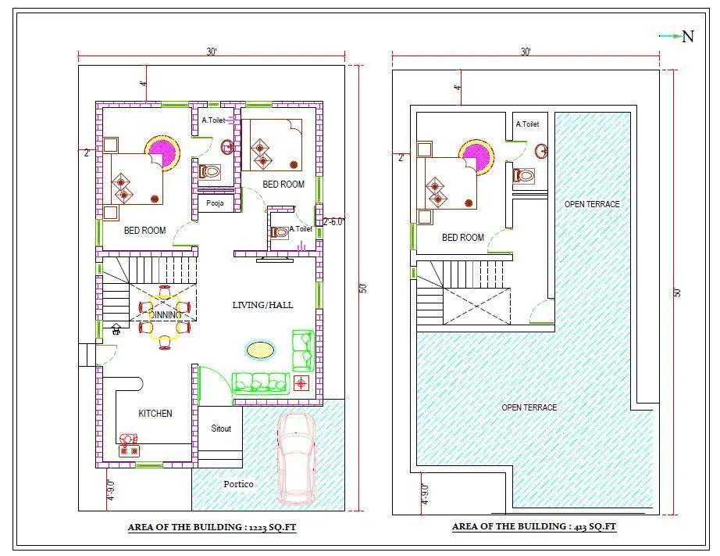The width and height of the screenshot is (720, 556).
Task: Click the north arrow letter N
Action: (688, 37)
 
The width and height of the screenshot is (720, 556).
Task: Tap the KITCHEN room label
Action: (155, 413)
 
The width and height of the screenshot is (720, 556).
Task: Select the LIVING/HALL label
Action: (263, 304)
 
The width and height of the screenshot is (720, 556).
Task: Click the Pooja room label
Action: (215, 203)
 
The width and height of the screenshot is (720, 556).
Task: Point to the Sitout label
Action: (221, 429)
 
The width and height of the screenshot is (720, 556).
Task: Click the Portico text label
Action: (238, 484)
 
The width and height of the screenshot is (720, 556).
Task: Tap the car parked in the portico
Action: (297, 457)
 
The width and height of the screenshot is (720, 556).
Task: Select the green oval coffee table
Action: (260, 350)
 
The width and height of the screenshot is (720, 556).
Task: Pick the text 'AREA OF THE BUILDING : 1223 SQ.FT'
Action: (212, 528)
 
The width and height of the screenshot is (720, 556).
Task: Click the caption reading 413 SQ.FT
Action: (534, 527)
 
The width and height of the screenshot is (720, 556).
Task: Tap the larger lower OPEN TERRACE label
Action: (529, 407)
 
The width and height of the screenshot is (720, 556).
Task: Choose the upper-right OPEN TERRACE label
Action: (592, 204)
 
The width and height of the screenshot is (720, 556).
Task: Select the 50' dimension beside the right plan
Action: (678, 292)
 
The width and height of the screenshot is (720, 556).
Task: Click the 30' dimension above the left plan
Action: (212, 52)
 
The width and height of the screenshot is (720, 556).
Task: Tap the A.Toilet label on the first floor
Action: (527, 124)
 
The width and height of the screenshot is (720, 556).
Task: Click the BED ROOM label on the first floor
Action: (462, 237)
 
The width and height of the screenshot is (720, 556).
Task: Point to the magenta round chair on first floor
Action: (477, 155)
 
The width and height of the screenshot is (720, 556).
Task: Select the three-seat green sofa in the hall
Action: (260, 382)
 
